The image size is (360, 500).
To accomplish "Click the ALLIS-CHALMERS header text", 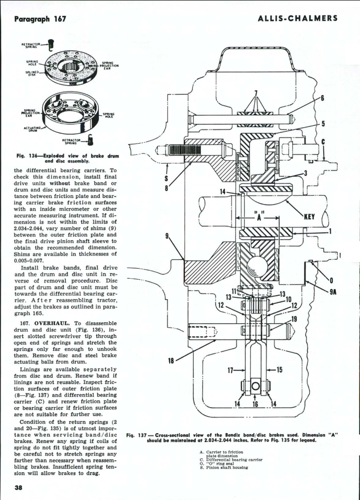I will pos(297,19).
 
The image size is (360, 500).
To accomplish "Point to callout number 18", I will pos(171,361).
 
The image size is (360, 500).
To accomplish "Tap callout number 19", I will pos(294,319).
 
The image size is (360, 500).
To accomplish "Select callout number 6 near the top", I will pos(322,97).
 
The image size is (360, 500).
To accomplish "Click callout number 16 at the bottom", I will pos(255,404).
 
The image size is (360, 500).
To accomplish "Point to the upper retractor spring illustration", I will pos(51,45).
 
